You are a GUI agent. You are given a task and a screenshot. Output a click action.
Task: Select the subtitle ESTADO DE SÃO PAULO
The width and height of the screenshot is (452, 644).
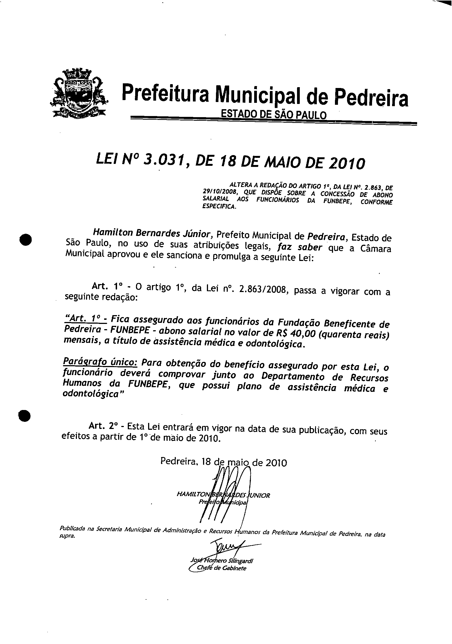pos(273,115)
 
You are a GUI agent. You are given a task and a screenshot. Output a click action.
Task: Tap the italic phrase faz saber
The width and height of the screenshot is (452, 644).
pos(300,247)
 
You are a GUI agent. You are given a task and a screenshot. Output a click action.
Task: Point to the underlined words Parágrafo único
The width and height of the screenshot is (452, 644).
pos(100,362)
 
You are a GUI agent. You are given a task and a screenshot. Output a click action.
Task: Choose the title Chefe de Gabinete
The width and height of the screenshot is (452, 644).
pos(221,568)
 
